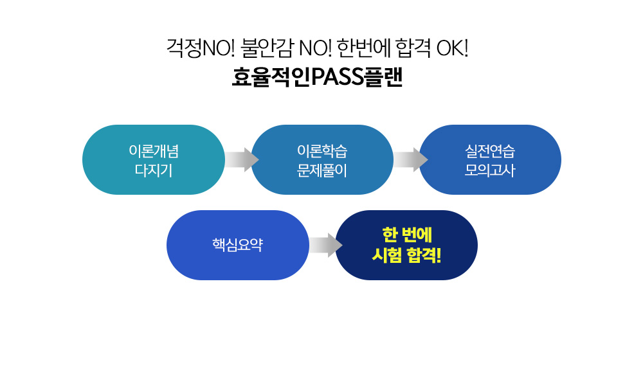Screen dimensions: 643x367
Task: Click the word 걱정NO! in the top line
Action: (201, 48)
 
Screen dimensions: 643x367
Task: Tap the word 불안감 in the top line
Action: (267, 48)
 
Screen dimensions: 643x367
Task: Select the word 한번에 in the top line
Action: (363, 48)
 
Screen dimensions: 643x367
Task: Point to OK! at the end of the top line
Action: (452, 48)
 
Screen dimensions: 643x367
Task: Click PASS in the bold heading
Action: (338, 77)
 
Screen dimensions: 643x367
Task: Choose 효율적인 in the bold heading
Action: (271, 77)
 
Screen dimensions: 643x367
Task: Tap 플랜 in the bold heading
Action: (383, 77)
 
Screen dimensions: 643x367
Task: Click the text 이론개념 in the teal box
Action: (154, 151)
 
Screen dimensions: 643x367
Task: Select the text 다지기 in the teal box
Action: (154, 170)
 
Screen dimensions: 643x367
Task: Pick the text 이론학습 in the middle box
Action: (322, 151)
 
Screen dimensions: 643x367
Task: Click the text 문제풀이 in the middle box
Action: (322, 170)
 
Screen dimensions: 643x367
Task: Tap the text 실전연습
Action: (489, 151)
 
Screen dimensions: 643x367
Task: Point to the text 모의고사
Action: (489, 170)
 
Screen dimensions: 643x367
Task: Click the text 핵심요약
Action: (237, 245)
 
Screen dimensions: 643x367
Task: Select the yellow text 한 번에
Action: (407, 235)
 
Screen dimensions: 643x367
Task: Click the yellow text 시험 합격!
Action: (406, 255)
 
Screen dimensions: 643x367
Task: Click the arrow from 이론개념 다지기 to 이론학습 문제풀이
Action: (242, 159)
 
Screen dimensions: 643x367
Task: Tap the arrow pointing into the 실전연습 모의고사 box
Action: (410, 159)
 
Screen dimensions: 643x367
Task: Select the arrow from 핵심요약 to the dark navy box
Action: (325, 246)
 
